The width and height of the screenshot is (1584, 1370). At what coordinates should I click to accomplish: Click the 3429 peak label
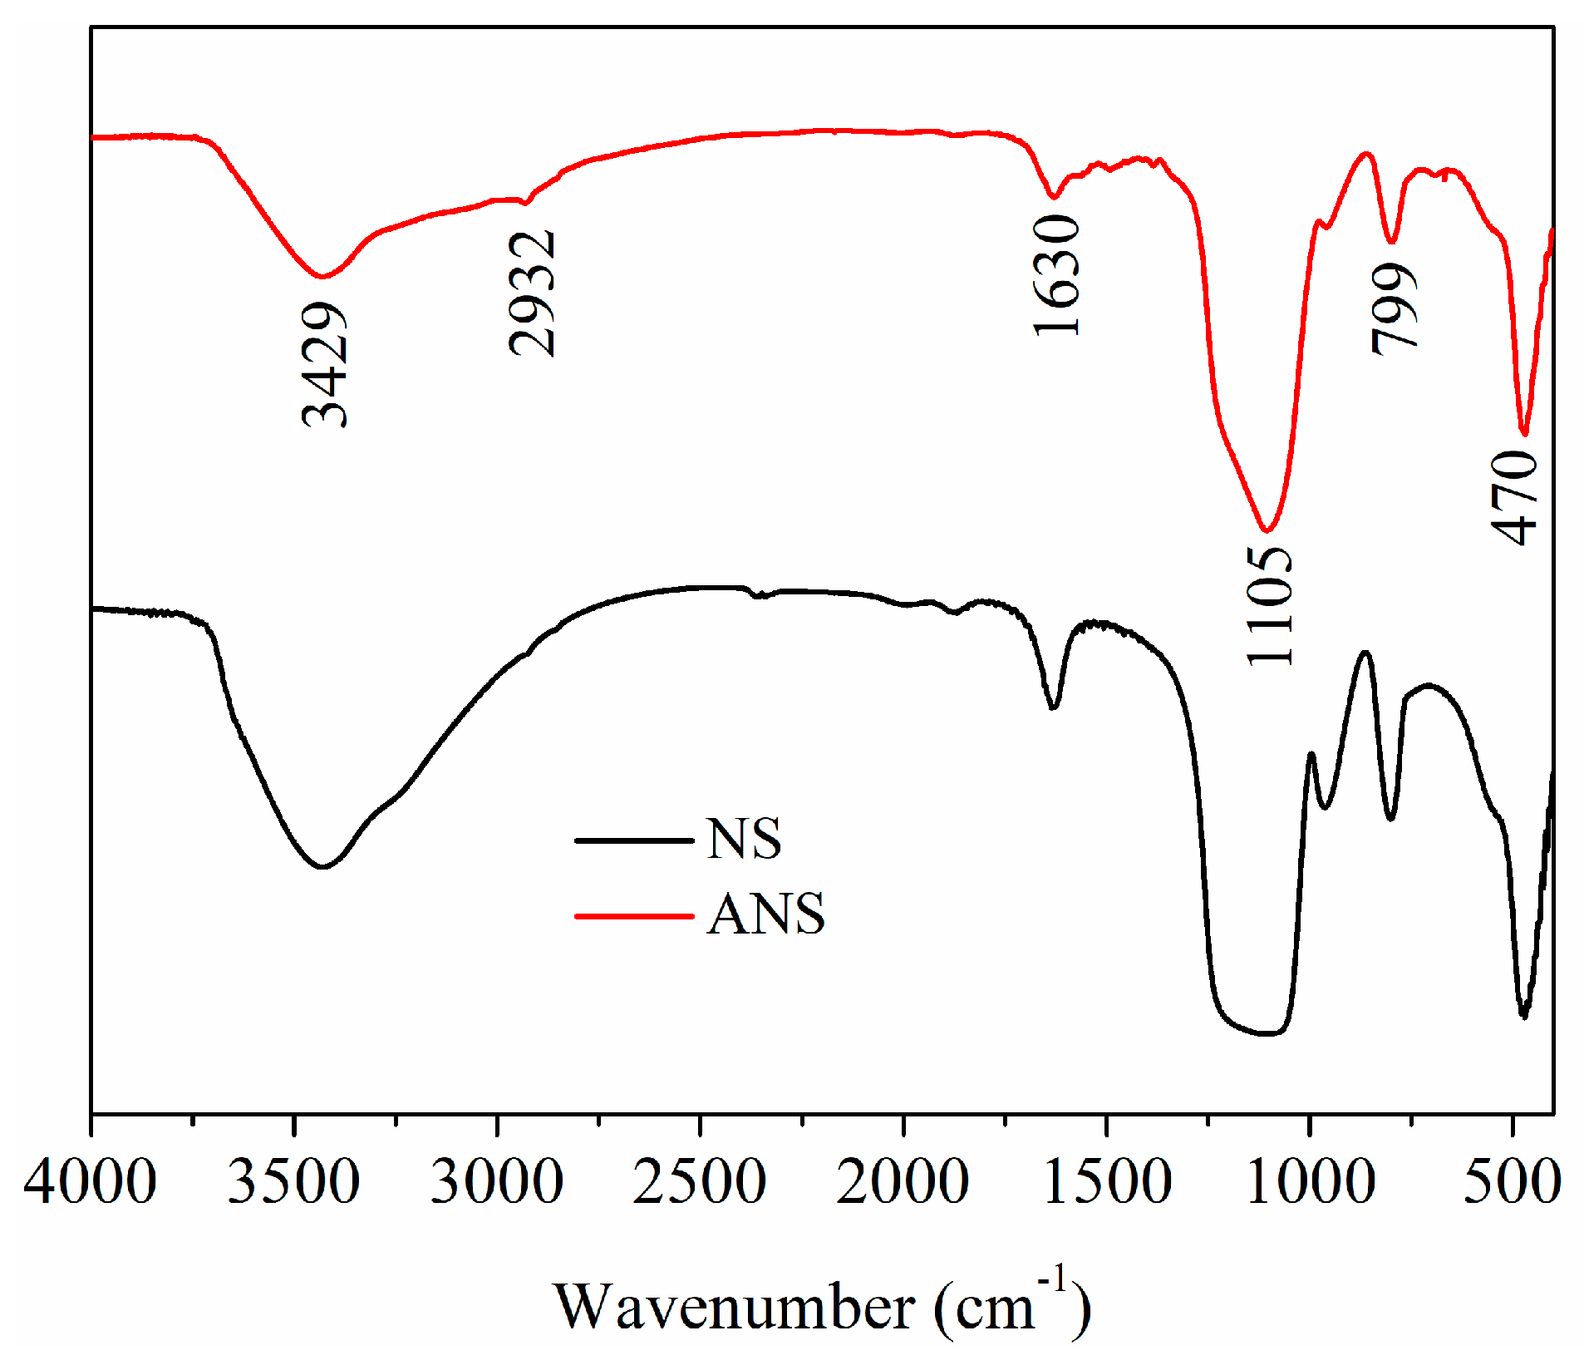(x=324, y=365)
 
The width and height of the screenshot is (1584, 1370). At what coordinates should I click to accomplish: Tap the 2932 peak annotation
(x=532, y=293)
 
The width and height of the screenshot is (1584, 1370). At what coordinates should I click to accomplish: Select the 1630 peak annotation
(x=1057, y=275)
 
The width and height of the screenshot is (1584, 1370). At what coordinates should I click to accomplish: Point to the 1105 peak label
(x=1271, y=605)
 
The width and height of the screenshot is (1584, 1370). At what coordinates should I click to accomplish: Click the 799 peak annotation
(x=1395, y=308)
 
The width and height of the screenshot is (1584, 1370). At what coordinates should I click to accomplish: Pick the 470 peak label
(x=1514, y=497)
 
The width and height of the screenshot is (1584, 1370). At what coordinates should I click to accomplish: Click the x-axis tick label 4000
(x=90, y=1182)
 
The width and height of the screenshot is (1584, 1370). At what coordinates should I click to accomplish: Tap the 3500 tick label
(x=293, y=1182)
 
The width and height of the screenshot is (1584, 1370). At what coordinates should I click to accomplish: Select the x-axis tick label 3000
(x=497, y=1182)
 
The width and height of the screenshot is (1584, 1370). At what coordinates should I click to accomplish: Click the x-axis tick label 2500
(x=700, y=1182)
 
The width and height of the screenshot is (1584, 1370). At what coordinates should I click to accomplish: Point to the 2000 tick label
(x=903, y=1182)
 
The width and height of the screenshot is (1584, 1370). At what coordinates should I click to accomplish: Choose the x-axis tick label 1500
(x=1106, y=1182)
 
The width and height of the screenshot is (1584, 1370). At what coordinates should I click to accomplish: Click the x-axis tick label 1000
(x=1310, y=1182)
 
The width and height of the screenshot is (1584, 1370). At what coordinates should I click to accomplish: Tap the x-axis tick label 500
(x=1511, y=1182)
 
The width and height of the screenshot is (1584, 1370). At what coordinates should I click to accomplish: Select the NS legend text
(x=744, y=839)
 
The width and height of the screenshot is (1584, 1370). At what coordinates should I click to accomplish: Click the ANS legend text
(x=765, y=914)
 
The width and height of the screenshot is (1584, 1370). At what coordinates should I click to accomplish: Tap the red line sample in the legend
(x=634, y=916)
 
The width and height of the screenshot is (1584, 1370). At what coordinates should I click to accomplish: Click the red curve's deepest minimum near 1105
(x=1266, y=530)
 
